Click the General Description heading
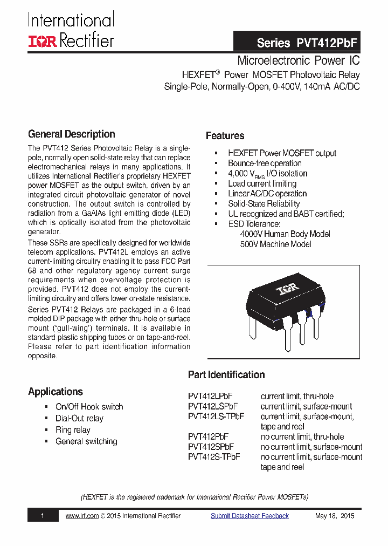[x=71, y=134]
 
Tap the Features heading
[x=225, y=136]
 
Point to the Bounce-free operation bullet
[x=264, y=163]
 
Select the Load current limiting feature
[x=262, y=183]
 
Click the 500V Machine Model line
[x=275, y=244]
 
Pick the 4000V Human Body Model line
[x=285, y=234]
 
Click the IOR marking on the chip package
[x=287, y=291]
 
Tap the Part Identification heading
[x=226, y=375]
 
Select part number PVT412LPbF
[x=210, y=396]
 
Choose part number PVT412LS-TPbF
[x=216, y=417]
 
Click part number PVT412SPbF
[x=211, y=447]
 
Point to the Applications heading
[x=56, y=392]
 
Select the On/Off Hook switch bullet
[x=89, y=407]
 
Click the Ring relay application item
[x=73, y=430]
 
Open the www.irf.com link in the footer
[x=82, y=516]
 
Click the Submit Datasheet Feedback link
[x=250, y=516]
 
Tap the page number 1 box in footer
[x=42, y=516]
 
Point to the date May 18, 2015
[x=335, y=516]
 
